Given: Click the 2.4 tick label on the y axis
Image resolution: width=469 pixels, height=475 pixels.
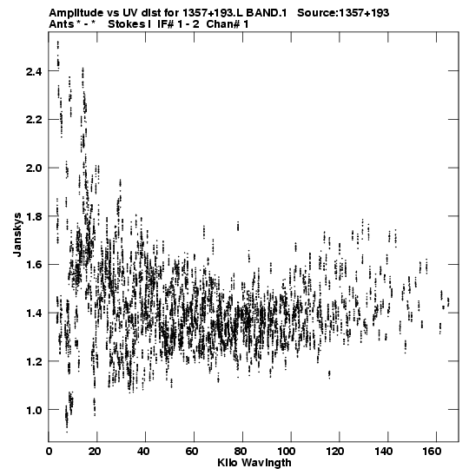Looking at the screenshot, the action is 33,71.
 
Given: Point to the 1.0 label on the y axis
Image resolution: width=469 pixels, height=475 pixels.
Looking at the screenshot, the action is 33,410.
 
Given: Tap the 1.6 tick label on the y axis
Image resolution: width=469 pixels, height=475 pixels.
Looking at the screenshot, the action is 33,265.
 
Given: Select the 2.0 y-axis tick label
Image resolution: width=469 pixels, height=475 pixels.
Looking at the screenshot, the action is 33,168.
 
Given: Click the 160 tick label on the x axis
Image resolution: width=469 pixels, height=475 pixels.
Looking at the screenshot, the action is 436,452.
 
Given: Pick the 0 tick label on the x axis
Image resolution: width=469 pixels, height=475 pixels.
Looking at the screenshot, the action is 49,452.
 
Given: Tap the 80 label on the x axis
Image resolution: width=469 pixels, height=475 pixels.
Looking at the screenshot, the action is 242,452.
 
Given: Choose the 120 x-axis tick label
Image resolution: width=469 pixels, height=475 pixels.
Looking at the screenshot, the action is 340,452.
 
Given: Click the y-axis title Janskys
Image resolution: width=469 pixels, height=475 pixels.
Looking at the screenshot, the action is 17,234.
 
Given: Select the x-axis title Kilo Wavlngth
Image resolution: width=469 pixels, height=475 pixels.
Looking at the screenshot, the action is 254,463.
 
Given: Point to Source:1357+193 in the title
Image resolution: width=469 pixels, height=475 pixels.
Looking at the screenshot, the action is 343,13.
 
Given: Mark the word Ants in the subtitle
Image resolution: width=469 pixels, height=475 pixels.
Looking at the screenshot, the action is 62,24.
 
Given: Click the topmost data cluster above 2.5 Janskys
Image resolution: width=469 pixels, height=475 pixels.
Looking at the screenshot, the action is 58,45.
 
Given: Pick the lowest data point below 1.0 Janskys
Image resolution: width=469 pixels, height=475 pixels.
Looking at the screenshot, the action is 67,432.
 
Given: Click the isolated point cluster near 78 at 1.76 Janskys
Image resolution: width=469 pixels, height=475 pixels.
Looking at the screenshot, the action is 238,227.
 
